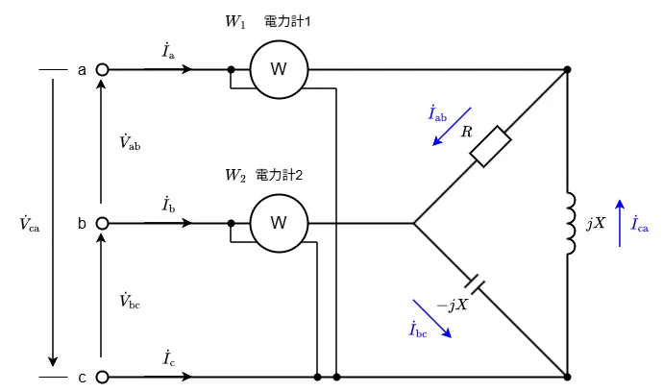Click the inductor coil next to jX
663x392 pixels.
coord(571,223)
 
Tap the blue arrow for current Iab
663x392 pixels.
coord(452,127)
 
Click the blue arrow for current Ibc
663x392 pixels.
coord(432,319)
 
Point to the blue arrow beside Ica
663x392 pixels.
coord(620,223)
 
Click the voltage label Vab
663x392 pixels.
coord(130,142)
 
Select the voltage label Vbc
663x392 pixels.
coord(130,300)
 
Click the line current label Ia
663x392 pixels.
coord(168,51)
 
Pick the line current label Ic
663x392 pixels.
coord(169,357)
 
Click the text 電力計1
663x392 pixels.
coord(287,21)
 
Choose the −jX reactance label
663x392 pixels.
coord(453,305)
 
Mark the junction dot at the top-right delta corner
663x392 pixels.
coord(568,69)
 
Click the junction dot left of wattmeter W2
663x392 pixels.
coord(231,223)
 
